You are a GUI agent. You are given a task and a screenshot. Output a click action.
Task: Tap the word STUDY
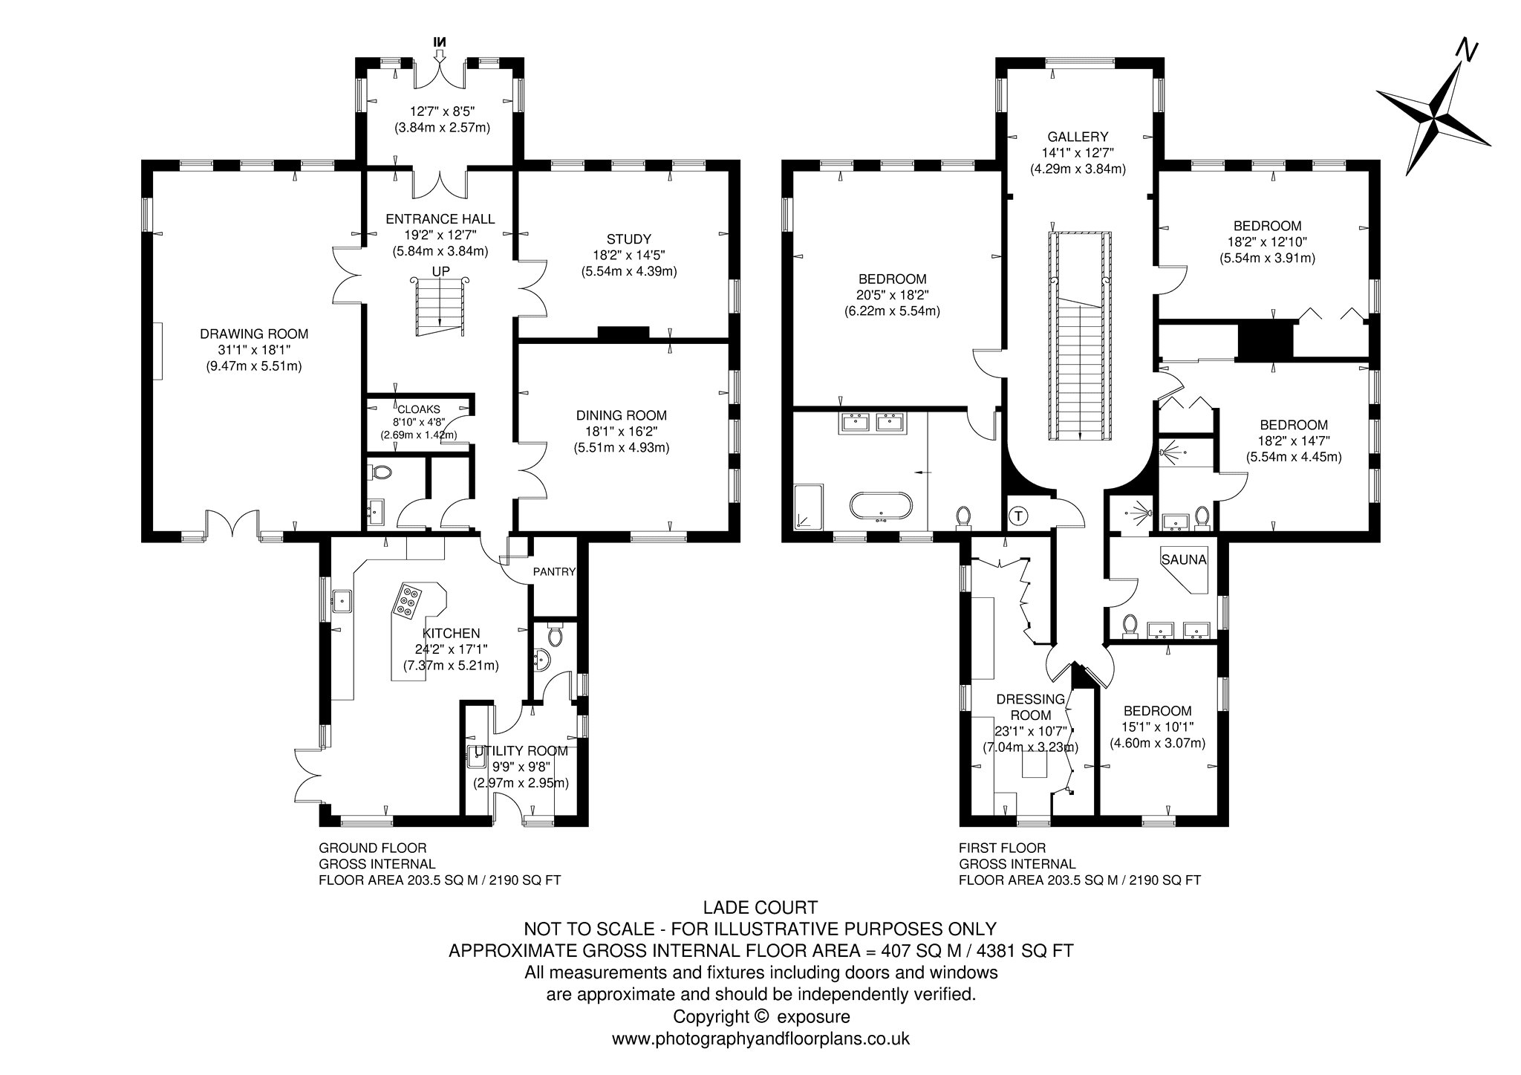point(629,239)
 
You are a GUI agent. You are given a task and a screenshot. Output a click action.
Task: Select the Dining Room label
point(622,415)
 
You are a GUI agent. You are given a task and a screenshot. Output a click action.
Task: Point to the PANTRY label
point(554,571)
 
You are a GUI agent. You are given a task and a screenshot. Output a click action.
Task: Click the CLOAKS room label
point(419,409)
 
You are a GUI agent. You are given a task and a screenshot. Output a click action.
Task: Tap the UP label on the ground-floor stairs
point(441,271)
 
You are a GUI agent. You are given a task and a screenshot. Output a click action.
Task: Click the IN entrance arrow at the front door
point(440,46)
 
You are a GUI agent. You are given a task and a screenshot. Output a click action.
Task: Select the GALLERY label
point(1078,137)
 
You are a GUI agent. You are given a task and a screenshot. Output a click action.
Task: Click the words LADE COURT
point(760,907)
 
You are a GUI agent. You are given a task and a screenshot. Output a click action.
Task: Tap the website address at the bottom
point(760,1039)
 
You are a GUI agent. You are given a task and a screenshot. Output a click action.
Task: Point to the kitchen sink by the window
point(343,600)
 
